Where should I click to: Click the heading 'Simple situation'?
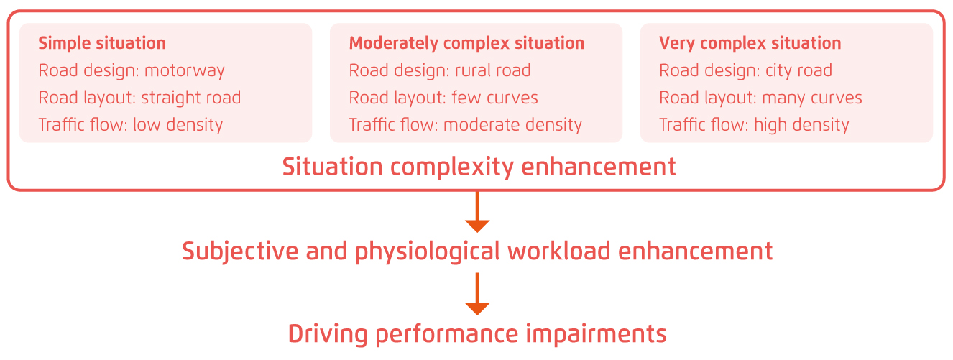(x=102, y=44)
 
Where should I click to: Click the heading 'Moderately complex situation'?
(x=466, y=44)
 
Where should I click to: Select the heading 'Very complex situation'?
(x=750, y=44)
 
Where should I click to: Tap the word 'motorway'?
(x=184, y=71)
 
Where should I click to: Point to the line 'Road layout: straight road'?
(x=139, y=98)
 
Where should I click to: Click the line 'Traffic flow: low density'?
(x=131, y=125)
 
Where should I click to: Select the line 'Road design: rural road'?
(x=440, y=70)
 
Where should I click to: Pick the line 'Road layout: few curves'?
(x=443, y=98)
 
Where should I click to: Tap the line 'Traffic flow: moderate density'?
(x=466, y=125)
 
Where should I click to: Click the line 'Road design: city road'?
(x=745, y=71)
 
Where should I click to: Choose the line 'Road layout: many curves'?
(x=760, y=98)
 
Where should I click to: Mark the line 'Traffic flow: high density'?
(x=754, y=125)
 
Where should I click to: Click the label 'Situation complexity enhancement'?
(x=479, y=167)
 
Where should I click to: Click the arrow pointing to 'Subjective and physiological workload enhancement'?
(x=477, y=212)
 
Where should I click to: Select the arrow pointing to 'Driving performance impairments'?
(x=477, y=294)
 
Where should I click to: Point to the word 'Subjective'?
(x=240, y=251)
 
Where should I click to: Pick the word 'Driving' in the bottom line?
(x=328, y=334)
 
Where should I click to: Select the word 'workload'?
(x=558, y=251)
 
